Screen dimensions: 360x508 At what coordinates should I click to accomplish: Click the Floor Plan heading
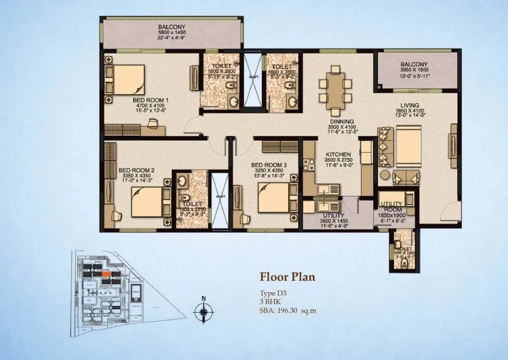(287, 278)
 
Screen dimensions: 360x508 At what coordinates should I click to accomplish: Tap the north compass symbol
(204, 311)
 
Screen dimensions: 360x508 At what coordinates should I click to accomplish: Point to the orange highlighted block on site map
(107, 274)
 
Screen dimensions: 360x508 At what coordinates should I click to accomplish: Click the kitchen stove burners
(311, 165)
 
